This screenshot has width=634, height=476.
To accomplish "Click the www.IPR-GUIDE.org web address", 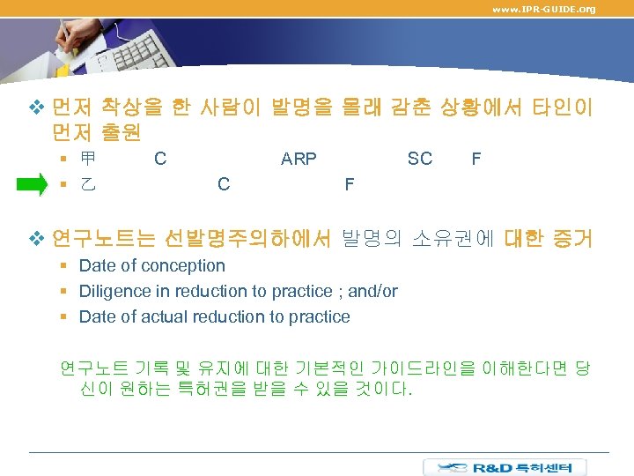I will pos(543,9).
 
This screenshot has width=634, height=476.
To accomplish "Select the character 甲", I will pos(88,160).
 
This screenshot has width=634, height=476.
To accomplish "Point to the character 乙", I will pos(88,184).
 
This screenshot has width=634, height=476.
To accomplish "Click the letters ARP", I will pos(299,160).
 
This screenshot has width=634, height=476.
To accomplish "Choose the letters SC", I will pos(420,159).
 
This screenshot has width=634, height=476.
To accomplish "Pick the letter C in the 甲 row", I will pos(160,159).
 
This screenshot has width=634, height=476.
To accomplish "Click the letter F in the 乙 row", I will pos(350,184).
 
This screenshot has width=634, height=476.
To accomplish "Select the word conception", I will pos(184,265).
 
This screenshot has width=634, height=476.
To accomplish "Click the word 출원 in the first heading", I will pos(121,132).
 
